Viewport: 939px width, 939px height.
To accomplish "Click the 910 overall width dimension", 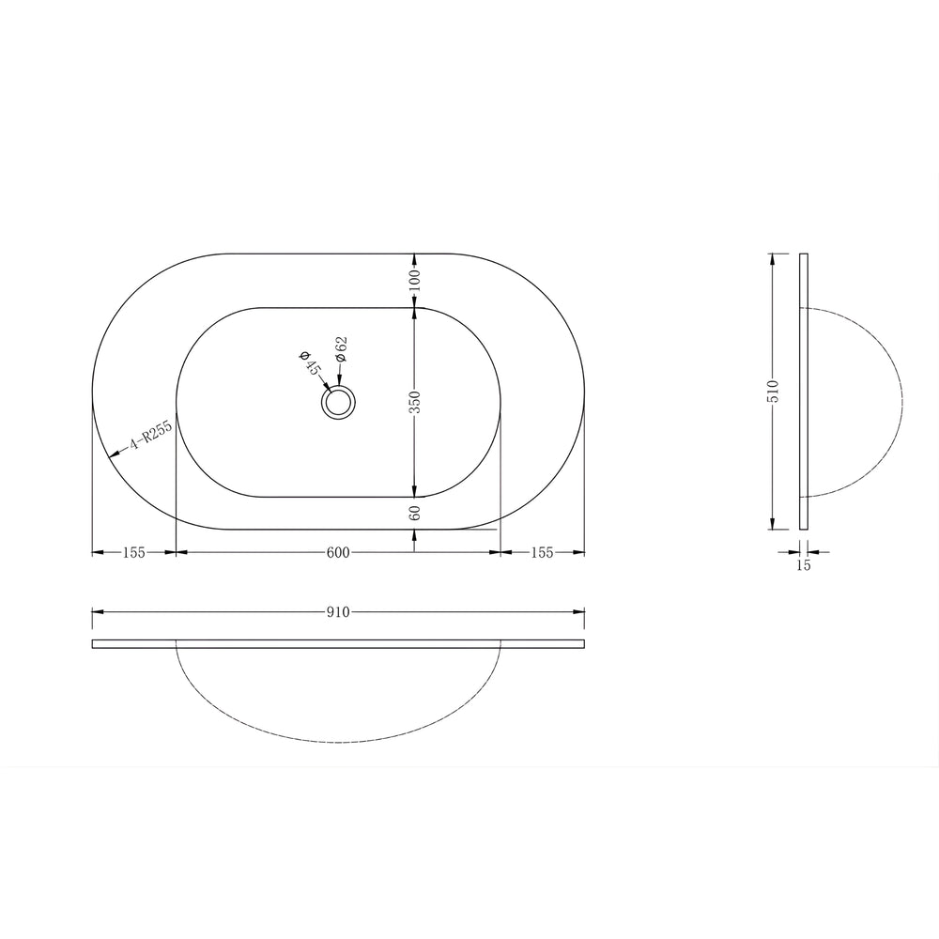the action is coord(338,612).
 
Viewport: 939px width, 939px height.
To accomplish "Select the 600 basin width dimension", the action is coord(338,553).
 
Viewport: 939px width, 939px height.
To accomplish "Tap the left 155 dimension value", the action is coord(133,553).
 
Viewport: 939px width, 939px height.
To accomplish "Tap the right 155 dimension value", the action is coord(542,553).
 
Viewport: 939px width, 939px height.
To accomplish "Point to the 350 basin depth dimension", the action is coord(415,402).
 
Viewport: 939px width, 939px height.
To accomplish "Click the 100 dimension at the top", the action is coord(415,280).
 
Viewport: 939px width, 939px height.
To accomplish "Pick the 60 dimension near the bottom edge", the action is coord(415,513).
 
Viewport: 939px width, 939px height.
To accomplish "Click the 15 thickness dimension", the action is coord(804,564).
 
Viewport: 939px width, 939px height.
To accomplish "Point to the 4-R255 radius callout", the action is coord(150,436).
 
